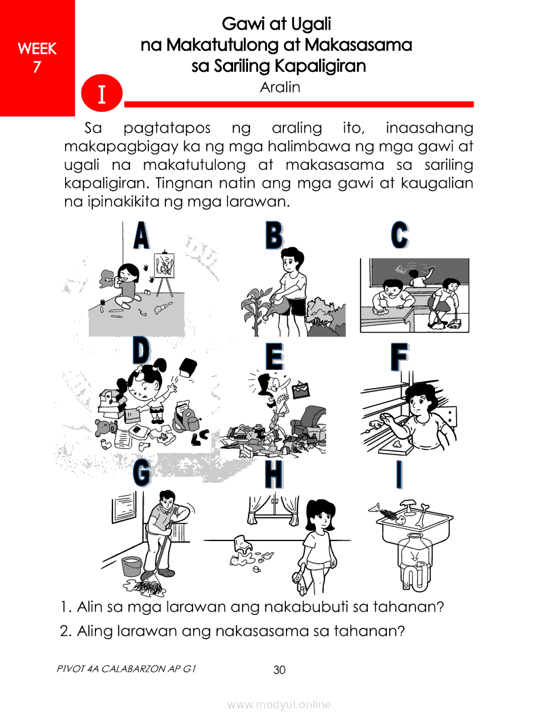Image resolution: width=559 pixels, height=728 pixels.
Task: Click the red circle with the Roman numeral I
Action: pos(102,93)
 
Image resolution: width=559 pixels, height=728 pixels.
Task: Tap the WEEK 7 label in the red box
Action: pos(37,58)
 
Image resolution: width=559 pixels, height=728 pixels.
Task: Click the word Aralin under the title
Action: pos(280,87)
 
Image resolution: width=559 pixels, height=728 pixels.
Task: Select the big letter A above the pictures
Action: pos(142,236)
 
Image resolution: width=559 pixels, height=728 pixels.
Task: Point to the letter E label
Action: pos(274,357)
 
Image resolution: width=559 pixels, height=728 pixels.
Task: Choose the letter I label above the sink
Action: pos(399,475)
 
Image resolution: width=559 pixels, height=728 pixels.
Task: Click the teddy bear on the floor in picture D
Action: pos(104,427)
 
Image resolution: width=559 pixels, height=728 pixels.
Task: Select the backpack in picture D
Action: pos(185,417)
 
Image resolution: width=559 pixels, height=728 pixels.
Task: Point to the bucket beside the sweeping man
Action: pos(132,567)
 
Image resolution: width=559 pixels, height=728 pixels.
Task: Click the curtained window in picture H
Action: pos(274,510)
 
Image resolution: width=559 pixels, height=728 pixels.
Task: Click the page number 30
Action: pos(279,670)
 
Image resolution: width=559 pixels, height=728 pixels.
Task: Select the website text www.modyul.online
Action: pos(278,704)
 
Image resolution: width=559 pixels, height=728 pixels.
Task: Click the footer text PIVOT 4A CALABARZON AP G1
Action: pos(127,668)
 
